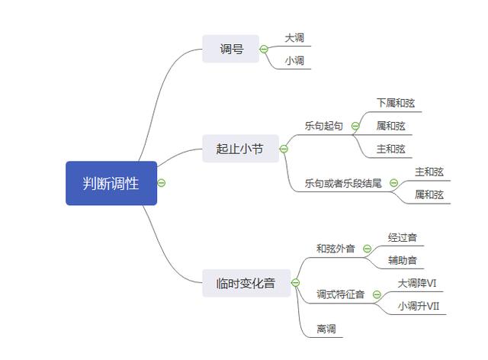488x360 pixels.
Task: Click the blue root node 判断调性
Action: pos(111,183)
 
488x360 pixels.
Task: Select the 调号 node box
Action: pos(231,49)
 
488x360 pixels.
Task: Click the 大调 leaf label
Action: pos(294,37)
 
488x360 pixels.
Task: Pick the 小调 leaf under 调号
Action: pos(294,60)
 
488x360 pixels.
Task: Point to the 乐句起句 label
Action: pos(323,126)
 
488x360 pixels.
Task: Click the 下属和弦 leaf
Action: pos(395,103)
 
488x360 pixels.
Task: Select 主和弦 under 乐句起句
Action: pos(390,149)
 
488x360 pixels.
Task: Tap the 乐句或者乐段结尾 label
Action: pos(342,183)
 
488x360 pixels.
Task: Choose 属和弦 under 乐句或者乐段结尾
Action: pos(429,194)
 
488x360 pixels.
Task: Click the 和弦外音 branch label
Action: pos(335,248)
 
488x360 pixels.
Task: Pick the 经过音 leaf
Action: pos(402,236)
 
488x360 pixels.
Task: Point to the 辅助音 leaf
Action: pos(402,259)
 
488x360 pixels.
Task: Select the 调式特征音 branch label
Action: pos(340,294)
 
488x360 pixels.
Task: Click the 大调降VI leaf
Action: pos(416,283)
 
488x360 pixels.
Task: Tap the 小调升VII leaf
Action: pos(419,306)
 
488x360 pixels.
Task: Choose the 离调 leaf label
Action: pos(326,329)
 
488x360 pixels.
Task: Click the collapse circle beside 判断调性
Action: pos(162,183)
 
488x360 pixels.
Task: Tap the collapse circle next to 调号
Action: pos(264,49)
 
